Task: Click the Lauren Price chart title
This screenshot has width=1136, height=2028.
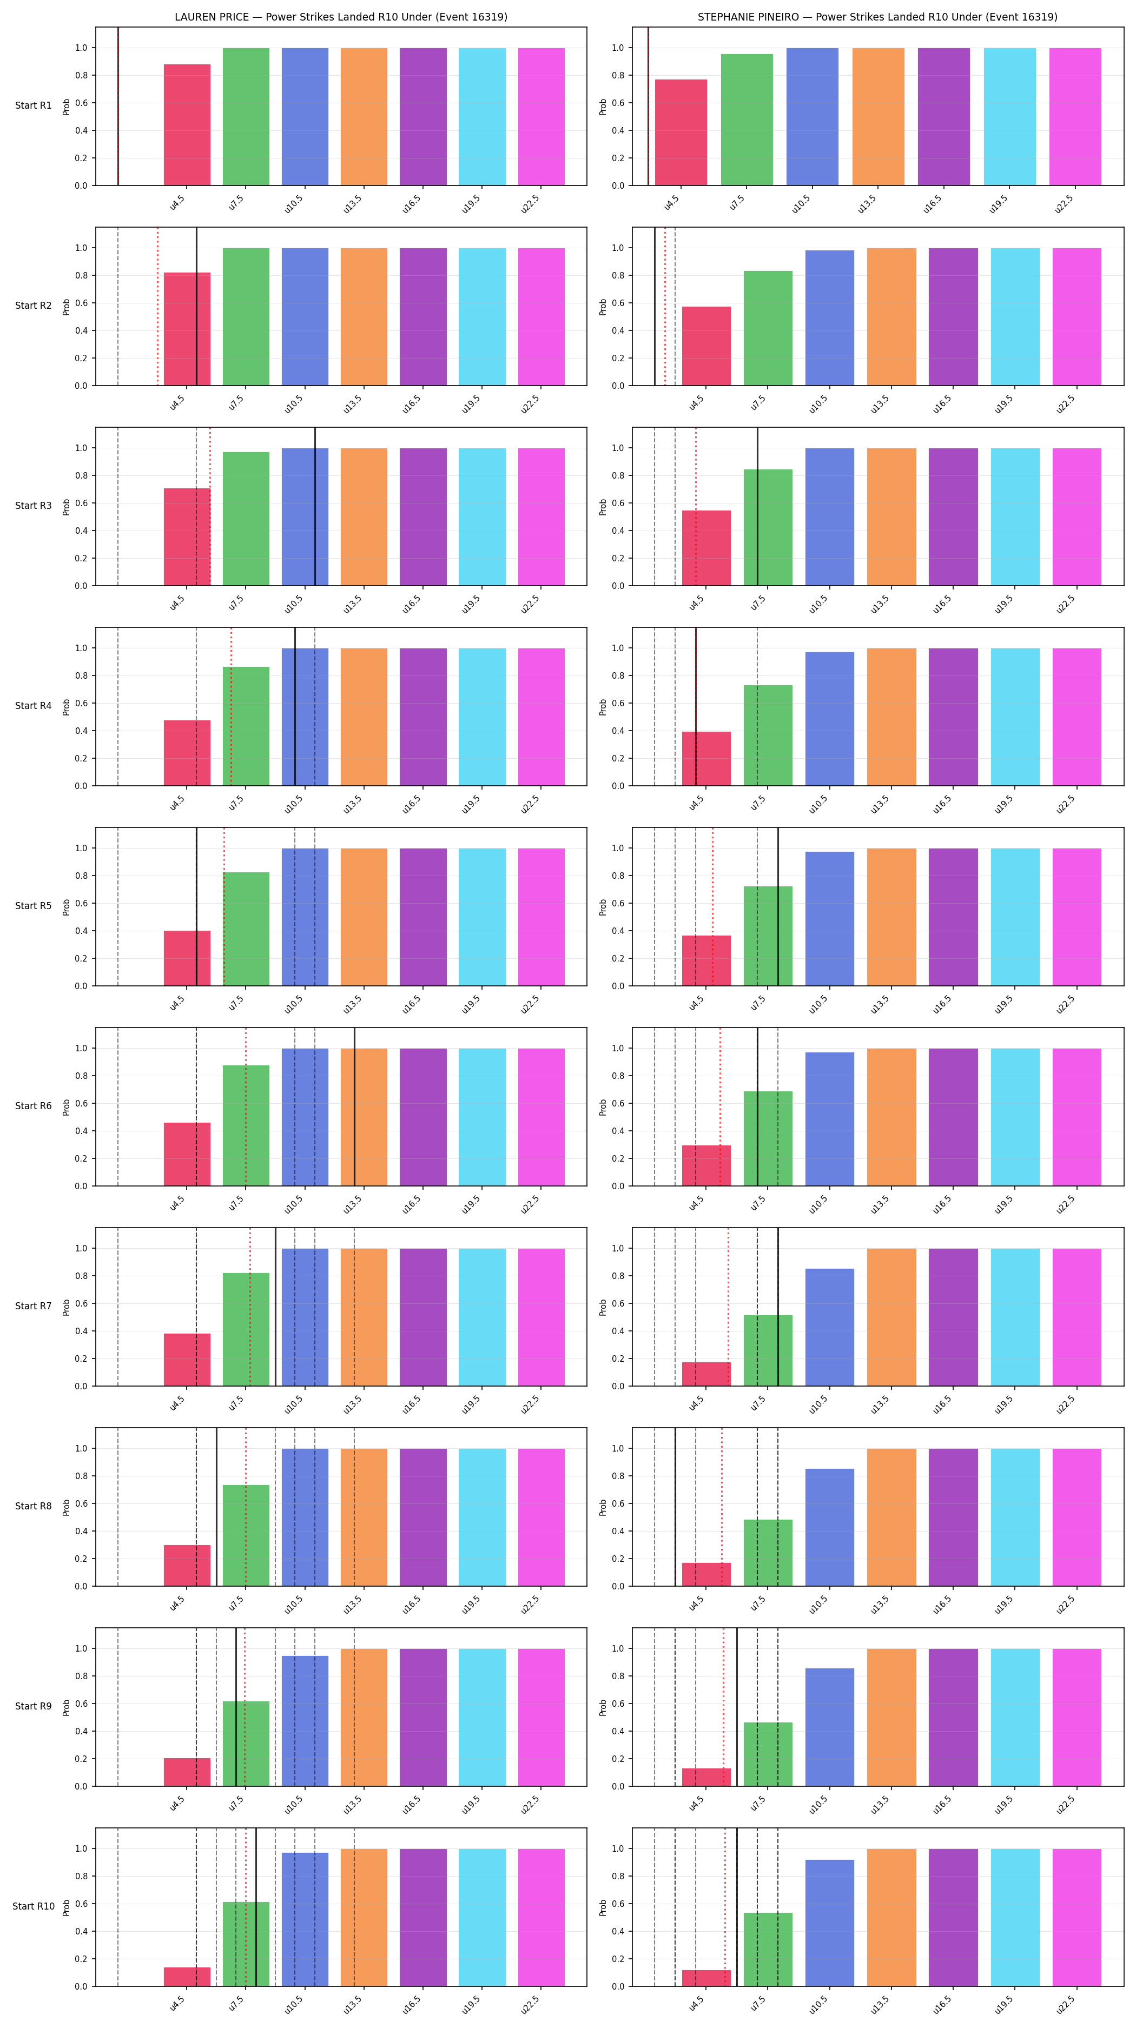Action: tap(341, 17)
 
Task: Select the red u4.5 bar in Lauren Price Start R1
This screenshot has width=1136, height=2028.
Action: tap(187, 125)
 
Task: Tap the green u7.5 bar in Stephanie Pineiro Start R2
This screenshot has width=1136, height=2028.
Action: tap(768, 328)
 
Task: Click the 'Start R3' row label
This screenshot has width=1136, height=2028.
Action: tap(33, 506)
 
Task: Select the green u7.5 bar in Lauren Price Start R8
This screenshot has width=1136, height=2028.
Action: tap(246, 1535)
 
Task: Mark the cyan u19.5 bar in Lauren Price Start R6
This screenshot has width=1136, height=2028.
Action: tap(482, 1117)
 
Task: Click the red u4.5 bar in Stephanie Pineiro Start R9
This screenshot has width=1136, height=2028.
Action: tap(706, 1778)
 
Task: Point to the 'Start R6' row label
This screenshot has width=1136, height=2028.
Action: tap(33, 1105)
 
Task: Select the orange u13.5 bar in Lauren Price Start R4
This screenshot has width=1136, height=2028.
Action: tap(364, 717)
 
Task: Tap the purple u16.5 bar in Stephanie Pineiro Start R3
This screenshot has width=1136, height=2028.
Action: tap(953, 517)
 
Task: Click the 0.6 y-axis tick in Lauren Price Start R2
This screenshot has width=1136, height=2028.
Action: tap(81, 303)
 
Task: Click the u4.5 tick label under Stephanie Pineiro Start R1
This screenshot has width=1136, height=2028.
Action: tap(671, 203)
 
